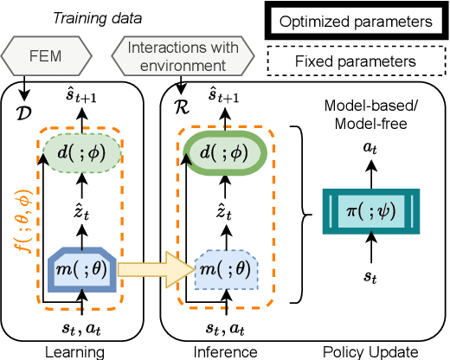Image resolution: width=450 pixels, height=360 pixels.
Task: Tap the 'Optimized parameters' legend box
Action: click(356, 19)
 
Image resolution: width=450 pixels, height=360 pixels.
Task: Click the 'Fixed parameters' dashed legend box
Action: click(356, 61)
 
